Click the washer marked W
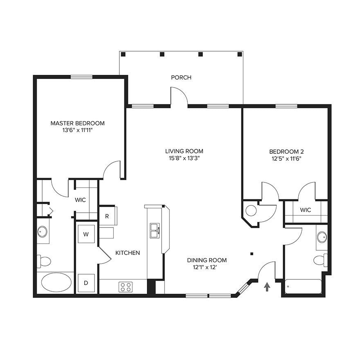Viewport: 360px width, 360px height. [86, 234]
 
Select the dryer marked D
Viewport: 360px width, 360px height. [86, 283]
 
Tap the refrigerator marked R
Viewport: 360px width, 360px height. [108, 216]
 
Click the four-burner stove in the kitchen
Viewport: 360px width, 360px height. [126, 287]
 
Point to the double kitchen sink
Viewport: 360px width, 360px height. [155, 230]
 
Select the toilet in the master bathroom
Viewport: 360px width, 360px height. [44, 261]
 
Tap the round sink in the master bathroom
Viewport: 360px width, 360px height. [42, 232]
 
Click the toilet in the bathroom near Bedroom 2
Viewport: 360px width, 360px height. [320, 260]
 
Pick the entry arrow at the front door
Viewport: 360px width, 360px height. [267, 287]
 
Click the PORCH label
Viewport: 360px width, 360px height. [181, 77]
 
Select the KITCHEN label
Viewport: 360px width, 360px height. [127, 253]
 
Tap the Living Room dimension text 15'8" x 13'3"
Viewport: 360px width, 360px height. [184, 158]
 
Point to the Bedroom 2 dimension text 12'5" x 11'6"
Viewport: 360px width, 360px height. [286, 159]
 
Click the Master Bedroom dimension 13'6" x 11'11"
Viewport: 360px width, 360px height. [77, 130]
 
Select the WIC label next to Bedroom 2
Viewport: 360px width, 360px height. [305, 210]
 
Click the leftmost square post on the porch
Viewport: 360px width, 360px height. [123, 54]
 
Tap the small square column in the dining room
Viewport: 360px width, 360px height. [252, 254]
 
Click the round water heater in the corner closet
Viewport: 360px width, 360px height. [251, 211]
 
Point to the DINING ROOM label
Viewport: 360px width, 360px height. [207, 260]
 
